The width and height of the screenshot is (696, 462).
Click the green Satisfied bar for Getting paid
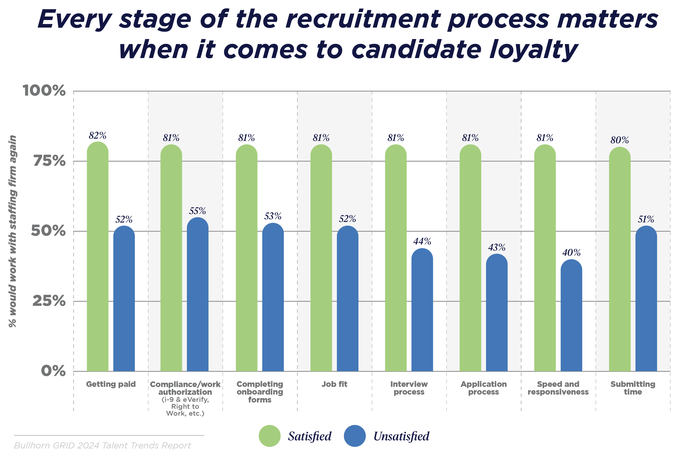coord(97,256)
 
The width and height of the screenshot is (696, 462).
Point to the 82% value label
coord(97,135)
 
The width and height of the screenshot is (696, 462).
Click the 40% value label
coord(571,253)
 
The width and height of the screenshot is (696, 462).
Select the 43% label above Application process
coord(497,247)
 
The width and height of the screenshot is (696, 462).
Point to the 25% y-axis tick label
coord(49,301)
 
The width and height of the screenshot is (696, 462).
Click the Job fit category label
coord(334,384)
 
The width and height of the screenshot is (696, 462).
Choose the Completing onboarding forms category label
coord(259,392)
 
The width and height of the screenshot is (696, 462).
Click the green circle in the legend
coord(269,436)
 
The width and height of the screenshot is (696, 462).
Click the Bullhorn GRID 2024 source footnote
coord(102,445)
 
